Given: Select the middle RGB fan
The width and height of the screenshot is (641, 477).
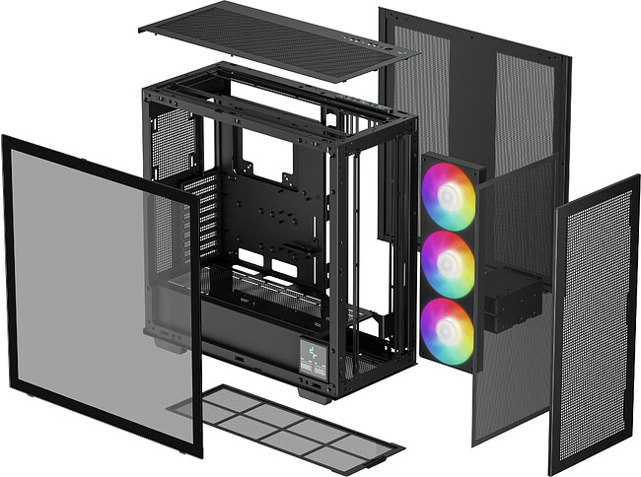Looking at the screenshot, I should tap(448, 263).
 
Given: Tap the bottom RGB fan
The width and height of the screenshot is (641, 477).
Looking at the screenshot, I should tap(447, 330).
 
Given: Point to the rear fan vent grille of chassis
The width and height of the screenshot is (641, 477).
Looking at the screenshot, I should tap(174, 138).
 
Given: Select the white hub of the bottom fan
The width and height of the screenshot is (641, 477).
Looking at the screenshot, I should tap(447, 330).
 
